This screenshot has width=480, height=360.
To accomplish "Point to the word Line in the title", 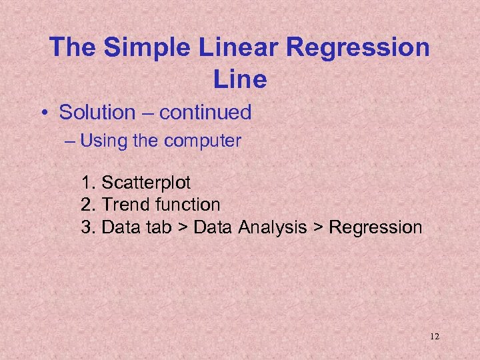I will tap(240, 79).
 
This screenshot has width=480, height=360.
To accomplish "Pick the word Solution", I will tap(97, 113).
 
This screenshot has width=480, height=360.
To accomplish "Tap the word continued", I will tap(205, 113).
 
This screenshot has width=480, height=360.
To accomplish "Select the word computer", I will tap(209, 141).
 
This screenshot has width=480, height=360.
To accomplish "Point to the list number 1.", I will tap(87, 181).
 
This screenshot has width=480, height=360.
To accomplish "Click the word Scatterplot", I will tap(146, 181).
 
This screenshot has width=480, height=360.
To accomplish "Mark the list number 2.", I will tap(87, 204).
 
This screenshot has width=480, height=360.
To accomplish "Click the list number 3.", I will tap(87, 227).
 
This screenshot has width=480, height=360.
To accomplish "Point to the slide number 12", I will tap(434, 337).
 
